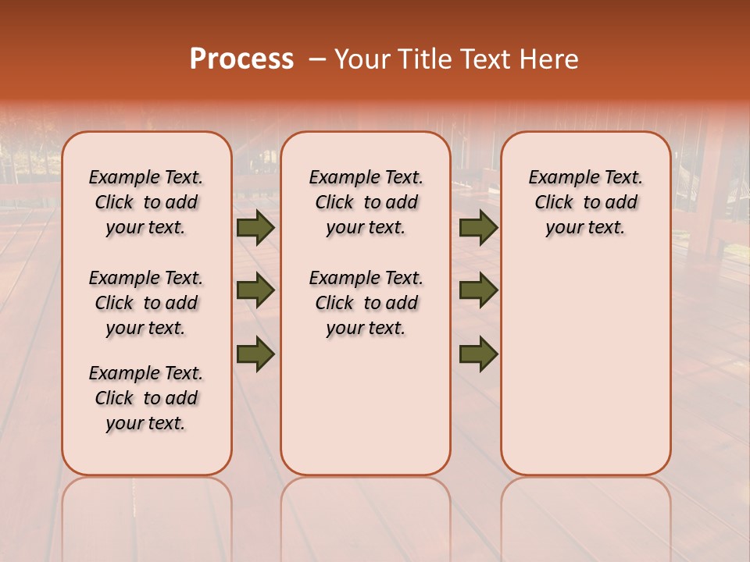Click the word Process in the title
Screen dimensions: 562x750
[x=241, y=59]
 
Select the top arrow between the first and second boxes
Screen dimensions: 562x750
[x=255, y=228]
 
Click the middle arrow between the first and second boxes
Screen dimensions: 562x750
[x=255, y=291]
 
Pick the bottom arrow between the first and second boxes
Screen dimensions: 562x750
[x=255, y=354]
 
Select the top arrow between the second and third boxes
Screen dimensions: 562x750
[x=478, y=228]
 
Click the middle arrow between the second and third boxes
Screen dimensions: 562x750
[x=478, y=291]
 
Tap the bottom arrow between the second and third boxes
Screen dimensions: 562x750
[x=478, y=354]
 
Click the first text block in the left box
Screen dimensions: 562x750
[x=146, y=203]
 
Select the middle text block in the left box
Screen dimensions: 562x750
[x=146, y=303]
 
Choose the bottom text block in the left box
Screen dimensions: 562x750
[x=146, y=398]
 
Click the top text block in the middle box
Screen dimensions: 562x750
[x=366, y=203]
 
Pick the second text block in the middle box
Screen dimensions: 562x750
[x=366, y=303]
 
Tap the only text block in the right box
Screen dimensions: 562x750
[x=585, y=203]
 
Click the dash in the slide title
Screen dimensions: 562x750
[x=317, y=59]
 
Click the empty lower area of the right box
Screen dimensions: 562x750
[x=585, y=367]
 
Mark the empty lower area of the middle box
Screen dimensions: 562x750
[x=366, y=406]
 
